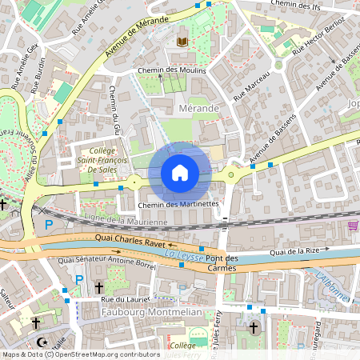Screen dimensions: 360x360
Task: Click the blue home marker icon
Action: coord(180,173)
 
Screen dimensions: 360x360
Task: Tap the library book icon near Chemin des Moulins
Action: coord(182,40)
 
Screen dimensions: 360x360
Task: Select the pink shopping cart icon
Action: coord(353,226)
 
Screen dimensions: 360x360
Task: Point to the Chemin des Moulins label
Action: coord(171,70)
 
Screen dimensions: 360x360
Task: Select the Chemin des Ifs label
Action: coord(301,5)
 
